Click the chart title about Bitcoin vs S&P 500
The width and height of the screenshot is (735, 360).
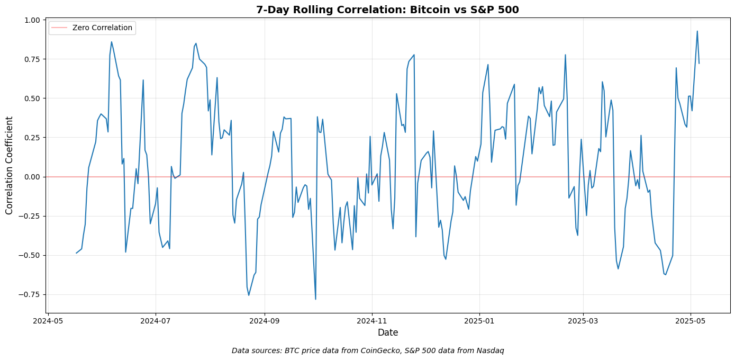click(x=387, y=10)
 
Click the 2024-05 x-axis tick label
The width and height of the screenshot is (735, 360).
click(x=48, y=321)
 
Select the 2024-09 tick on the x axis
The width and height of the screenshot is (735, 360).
click(x=264, y=321)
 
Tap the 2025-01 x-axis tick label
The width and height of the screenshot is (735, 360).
click(x=479, y=321)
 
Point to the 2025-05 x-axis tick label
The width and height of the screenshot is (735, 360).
click(x=691, y=321)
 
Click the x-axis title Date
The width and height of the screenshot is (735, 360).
click(x=387, y=333)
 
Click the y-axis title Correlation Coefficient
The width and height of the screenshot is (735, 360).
click(x=10, y=166)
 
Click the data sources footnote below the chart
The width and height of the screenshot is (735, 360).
click(x=367, y=350)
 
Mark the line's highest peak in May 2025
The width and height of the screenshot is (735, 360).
click(x=697, y=31)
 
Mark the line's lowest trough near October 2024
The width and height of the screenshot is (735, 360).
click(x=315, y=299)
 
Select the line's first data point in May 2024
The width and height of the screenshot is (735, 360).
click(x=76, y=253)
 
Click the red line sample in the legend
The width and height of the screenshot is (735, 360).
click(x=59, y=28)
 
